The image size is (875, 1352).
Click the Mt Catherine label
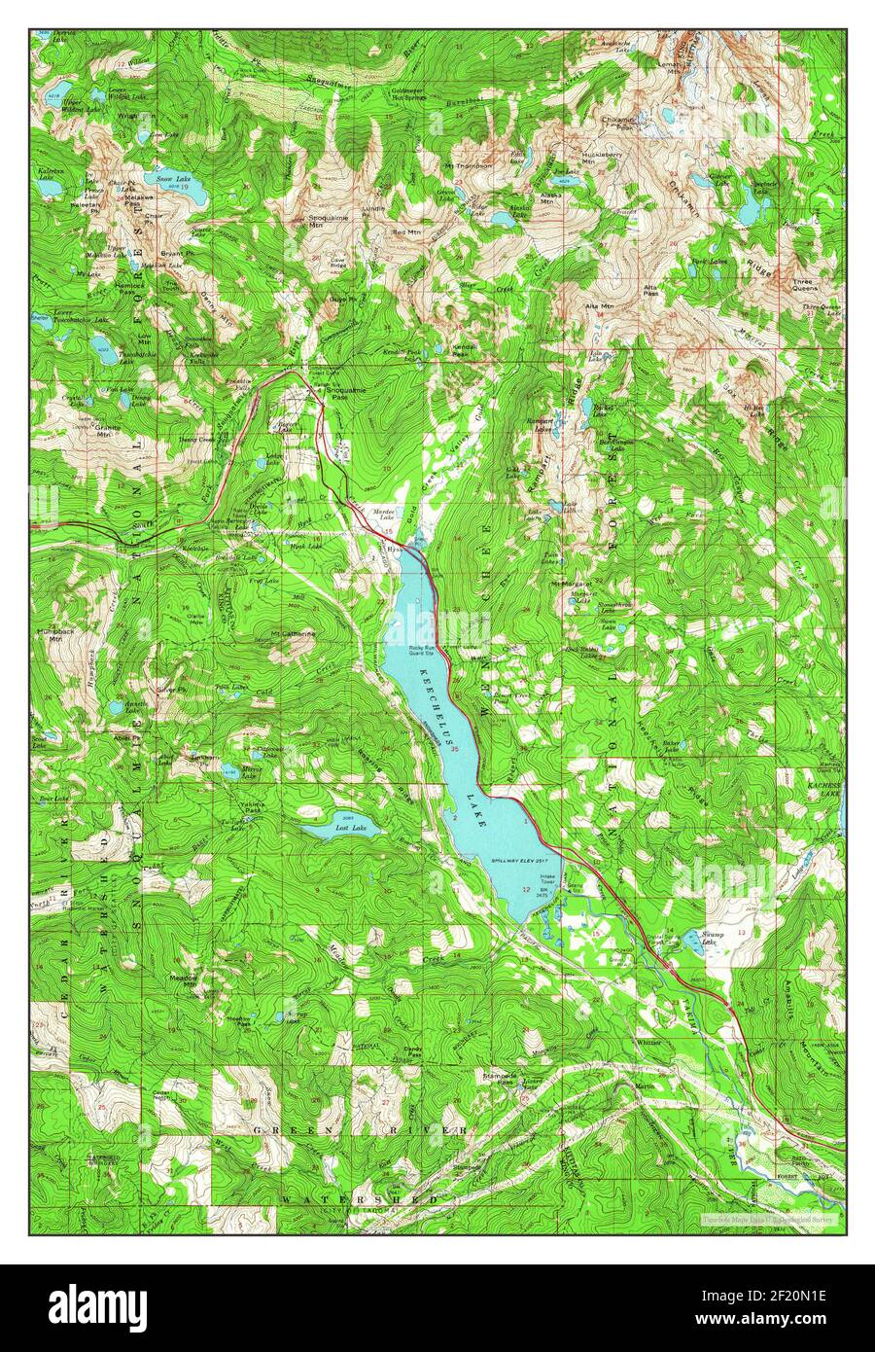point(293,634)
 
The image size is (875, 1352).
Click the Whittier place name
point(647,1042)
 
